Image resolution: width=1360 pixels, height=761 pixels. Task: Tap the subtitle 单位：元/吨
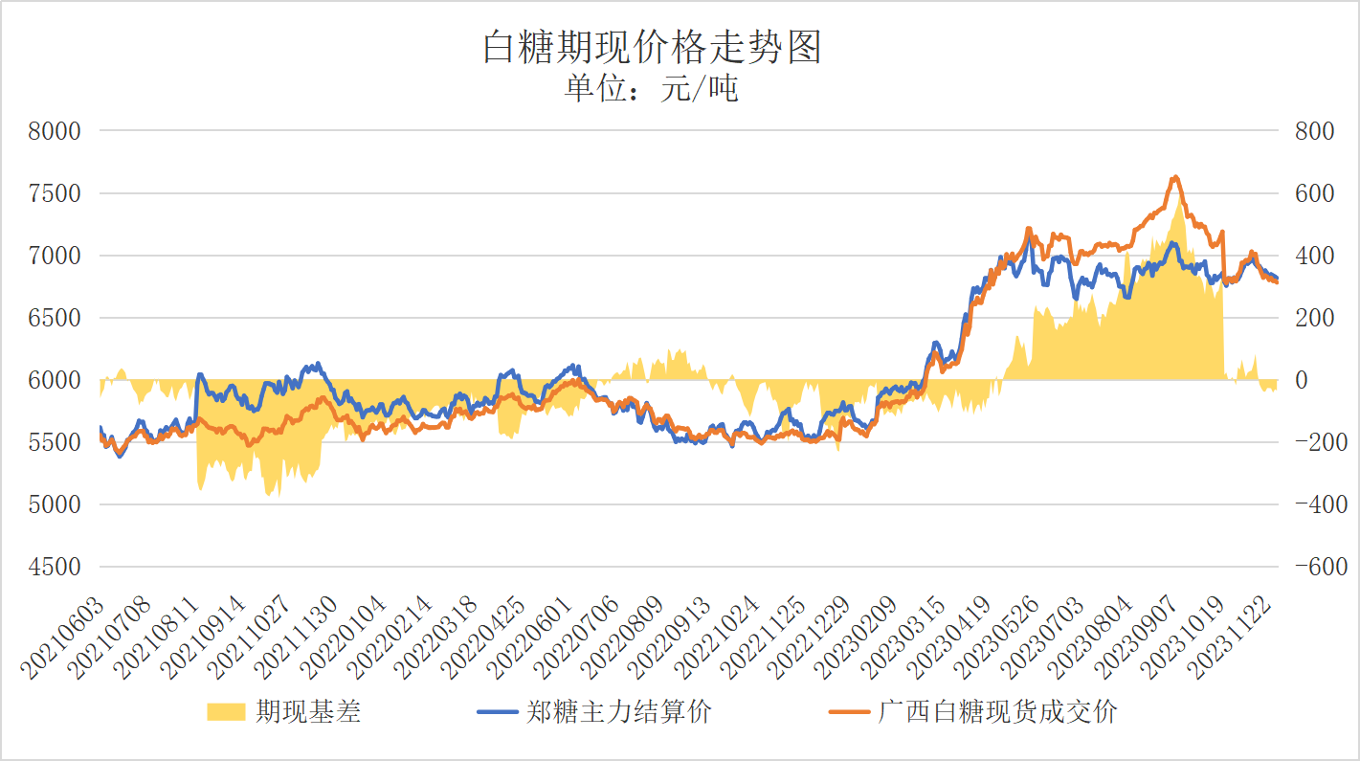(x=652, y=89)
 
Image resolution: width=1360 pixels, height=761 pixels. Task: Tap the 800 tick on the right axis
(x=1313, y=131)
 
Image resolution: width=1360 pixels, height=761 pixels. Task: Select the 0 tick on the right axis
(x=1301, y=380)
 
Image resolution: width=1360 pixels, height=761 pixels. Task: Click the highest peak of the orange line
(x=1176, y=177)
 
